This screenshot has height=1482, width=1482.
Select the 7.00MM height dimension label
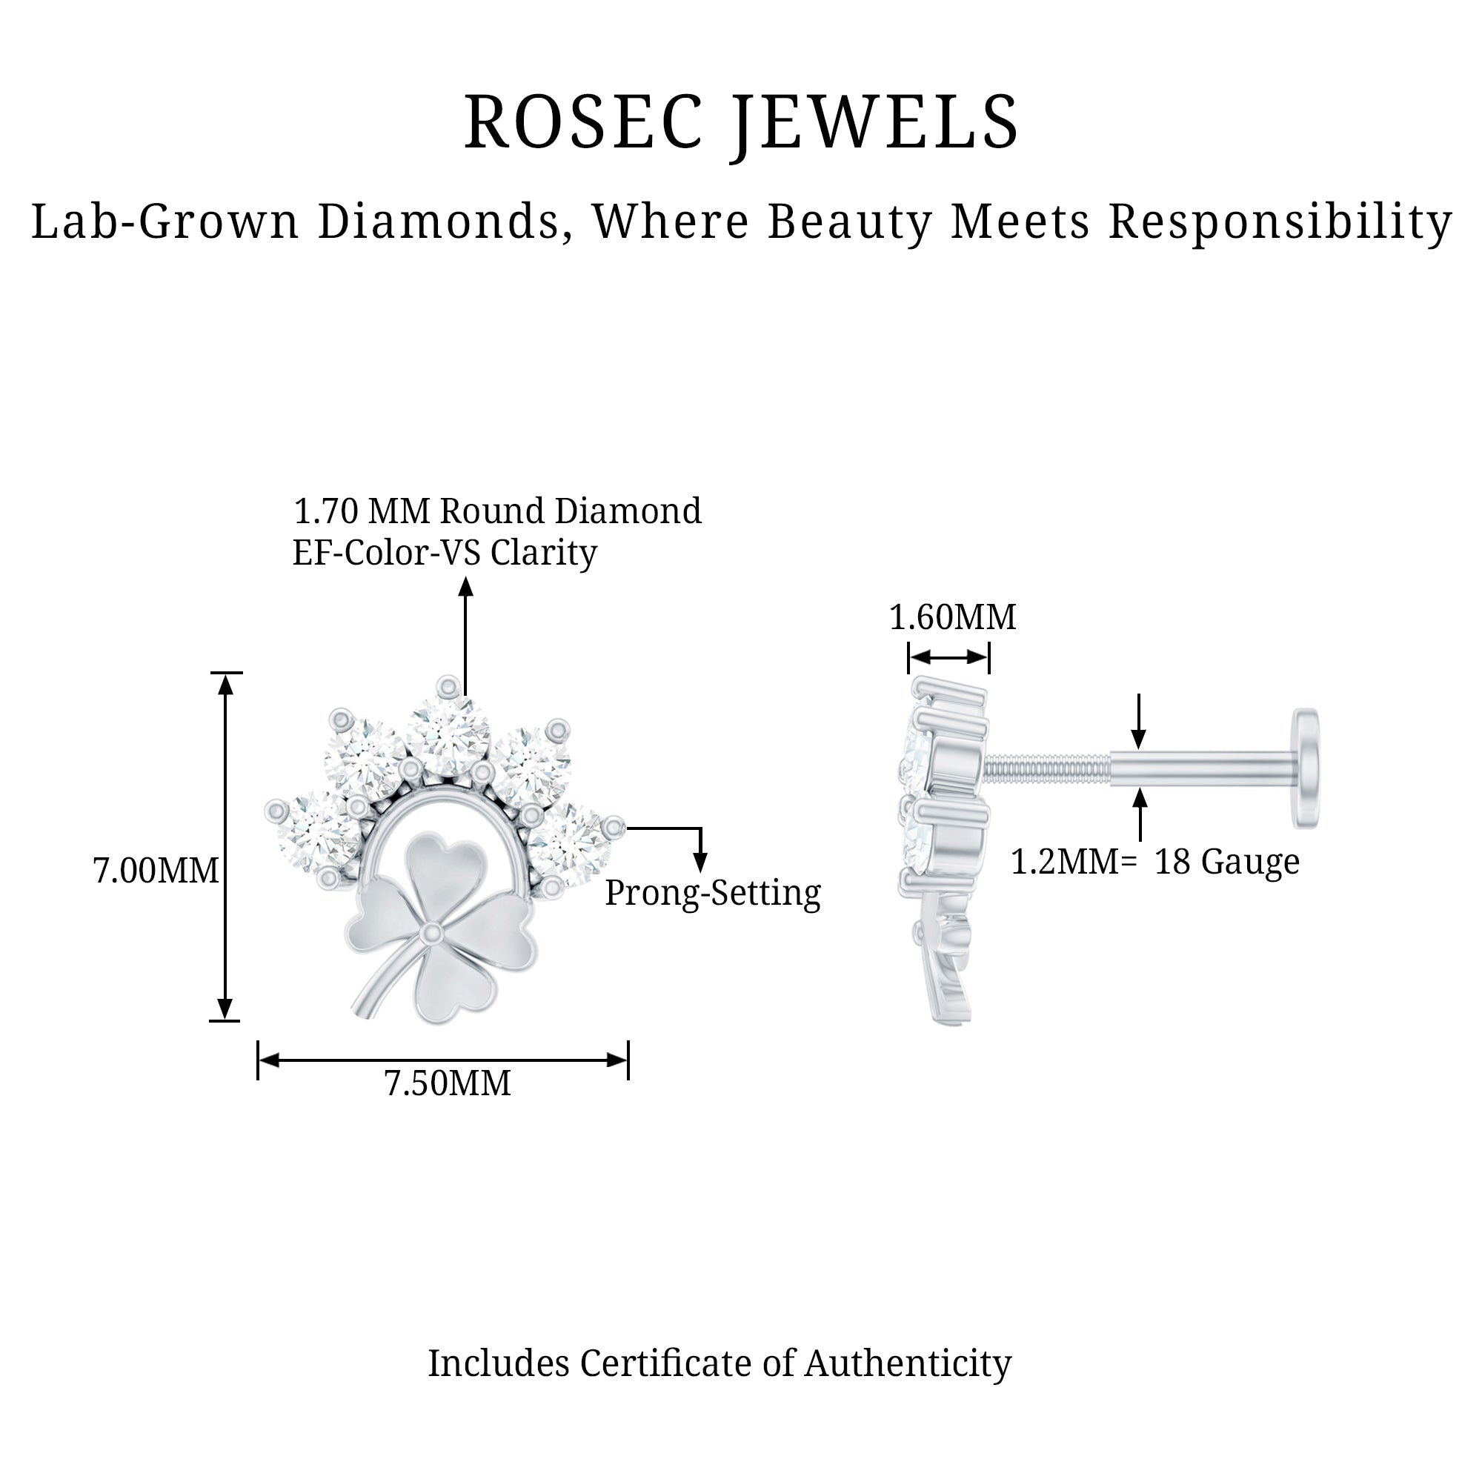(x=156, y=871)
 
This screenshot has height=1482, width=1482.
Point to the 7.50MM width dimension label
(x=448, y=1084)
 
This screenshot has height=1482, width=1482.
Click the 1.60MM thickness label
(x=952, y=617)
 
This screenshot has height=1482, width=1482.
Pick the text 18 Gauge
(x=1226, y=862)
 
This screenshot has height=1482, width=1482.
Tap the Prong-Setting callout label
(x=713, y=894)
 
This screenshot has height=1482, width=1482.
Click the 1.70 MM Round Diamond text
(x=497, y=511)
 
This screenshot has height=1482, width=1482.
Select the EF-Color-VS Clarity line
(x=444, y=553)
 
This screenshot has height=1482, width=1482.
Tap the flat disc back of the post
(x=1306, y=768)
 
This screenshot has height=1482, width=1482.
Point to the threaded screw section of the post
(x=1047, y=768)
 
